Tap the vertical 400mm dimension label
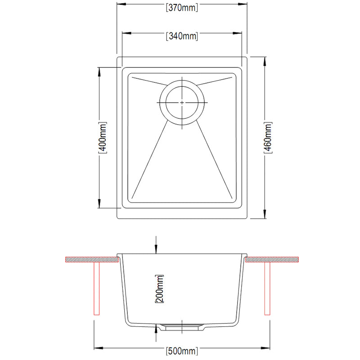[103, 137]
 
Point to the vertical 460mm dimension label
[268, 137]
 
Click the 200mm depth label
[158, 289]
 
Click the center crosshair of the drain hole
[182, 103]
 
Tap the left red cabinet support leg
[96, 288]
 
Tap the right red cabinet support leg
[267, 288]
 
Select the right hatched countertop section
[273, 260]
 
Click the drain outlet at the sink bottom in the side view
[182, 326]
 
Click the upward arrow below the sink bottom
[156, 329]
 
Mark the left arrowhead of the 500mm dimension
[97, 347]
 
